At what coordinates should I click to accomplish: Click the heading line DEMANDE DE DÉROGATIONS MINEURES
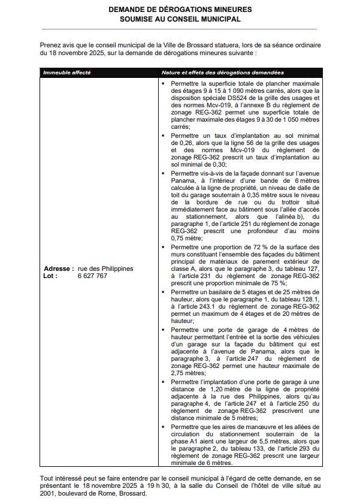pos(180,10)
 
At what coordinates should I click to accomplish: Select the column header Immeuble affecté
pos(66,73)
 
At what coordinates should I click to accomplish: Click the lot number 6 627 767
pos(92,276)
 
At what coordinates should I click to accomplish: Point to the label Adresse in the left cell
pos(58,268)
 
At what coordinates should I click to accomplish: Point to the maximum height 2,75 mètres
pos(185,372)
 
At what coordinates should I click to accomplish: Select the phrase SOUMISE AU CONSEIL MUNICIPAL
pos(180,19)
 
